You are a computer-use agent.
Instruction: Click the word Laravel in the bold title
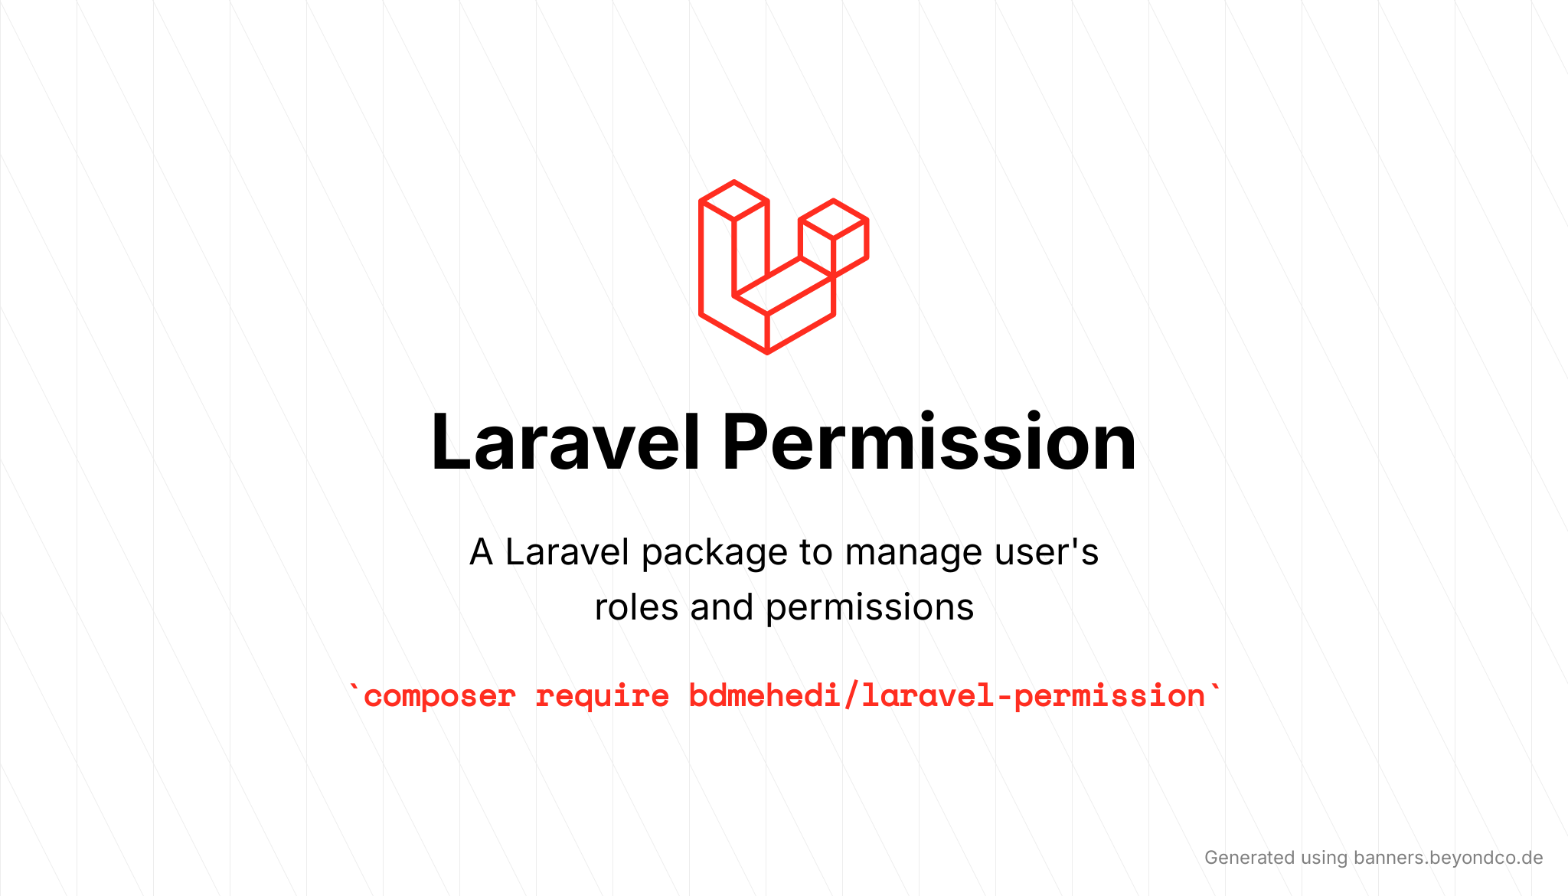(x=565, y=443)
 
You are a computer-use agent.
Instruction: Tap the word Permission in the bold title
(x=929, y=443)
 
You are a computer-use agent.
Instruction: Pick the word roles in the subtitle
(x=636, y=607)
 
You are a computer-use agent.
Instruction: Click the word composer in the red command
(x=439, y=697)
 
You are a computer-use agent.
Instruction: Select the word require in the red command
(x=602, y=697)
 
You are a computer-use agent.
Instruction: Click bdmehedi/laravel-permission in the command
(x=947, y=696)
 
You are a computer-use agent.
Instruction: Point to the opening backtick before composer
(x=354, y=689)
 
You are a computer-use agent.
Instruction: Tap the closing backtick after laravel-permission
(x=1215, y=689)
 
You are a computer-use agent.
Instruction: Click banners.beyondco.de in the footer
(x=1448, y=858)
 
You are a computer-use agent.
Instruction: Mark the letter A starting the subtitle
(x=481, y=552)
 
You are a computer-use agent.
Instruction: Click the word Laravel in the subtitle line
(x=567, y=552)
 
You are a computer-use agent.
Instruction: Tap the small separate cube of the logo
(x=834, y=237)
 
